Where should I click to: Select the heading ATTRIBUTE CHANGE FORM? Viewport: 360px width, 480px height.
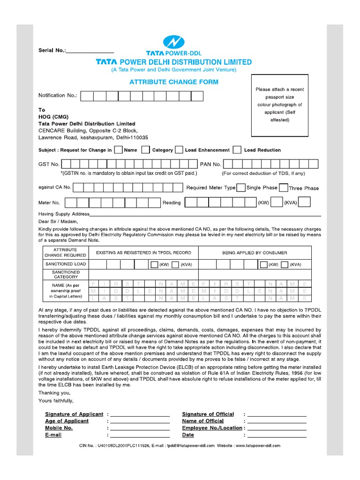[173, 82]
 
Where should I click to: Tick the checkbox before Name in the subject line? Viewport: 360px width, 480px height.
[119, 150]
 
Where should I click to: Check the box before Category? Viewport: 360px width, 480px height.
[146, 150]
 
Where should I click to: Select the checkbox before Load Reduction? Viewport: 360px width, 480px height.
[237, 150]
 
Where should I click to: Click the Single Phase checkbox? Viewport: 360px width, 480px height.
[240, 187]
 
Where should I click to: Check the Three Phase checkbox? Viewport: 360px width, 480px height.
[283, 187]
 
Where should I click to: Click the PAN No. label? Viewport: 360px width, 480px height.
[210, 164]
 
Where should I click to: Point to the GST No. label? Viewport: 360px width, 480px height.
[49, 164]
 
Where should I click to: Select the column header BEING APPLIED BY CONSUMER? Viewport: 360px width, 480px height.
[255, 253]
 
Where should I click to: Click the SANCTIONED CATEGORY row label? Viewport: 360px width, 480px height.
[66, 274]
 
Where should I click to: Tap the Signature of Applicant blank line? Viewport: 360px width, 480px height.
[140, 415]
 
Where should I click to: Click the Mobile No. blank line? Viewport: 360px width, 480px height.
[140, 428]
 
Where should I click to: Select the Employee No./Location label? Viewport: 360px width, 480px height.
[212, 428]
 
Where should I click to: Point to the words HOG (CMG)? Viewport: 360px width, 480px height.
[52, 117]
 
